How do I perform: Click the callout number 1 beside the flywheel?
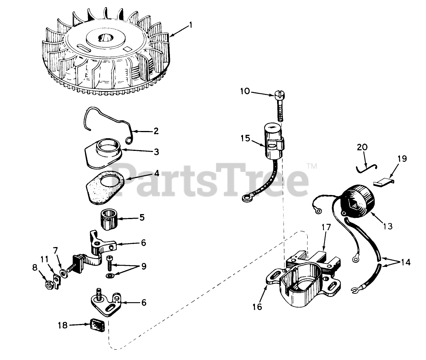(x=191, y=25)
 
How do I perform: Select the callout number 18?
(x=63, y=325)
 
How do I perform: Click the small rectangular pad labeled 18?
(x=97, y=325)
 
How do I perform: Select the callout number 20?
(x=362, y=147)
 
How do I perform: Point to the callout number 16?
(x=257, y=307)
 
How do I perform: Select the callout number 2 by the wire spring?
(x=156, y=131)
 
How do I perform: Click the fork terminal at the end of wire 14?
(x=354, y=291)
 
